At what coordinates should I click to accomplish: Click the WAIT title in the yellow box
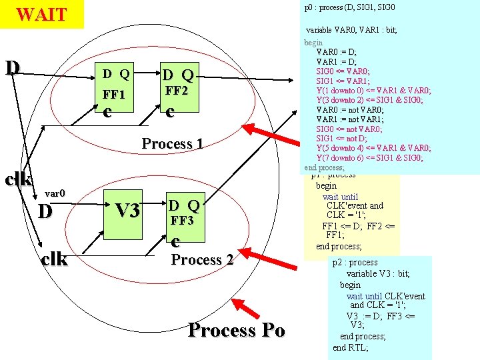41,14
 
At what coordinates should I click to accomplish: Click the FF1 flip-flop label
115,93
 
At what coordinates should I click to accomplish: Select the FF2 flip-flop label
177,90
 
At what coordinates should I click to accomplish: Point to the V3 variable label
126,211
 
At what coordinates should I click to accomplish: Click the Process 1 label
172,143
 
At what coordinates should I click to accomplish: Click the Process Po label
236,330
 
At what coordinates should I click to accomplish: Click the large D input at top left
12,67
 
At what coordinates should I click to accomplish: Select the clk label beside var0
18,179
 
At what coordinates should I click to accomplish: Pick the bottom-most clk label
53,259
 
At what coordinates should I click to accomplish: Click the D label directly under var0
45,211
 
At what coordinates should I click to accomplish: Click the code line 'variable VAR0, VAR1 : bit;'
351,30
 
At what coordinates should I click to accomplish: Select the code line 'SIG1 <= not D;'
339,138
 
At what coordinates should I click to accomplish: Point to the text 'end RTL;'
350,347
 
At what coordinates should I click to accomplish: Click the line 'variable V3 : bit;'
378,273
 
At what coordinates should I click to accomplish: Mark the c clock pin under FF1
107,112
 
